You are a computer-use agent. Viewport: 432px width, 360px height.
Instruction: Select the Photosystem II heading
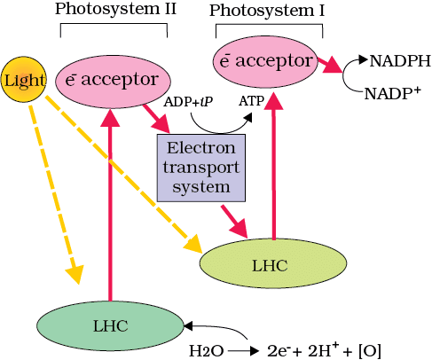point(115,9)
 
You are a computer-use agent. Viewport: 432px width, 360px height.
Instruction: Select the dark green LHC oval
point(111,325)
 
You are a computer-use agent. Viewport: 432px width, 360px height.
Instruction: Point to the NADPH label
point(400,62)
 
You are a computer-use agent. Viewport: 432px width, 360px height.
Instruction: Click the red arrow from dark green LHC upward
point(111,204)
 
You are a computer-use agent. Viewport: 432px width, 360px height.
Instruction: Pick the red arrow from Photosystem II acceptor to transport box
point(158,118)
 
